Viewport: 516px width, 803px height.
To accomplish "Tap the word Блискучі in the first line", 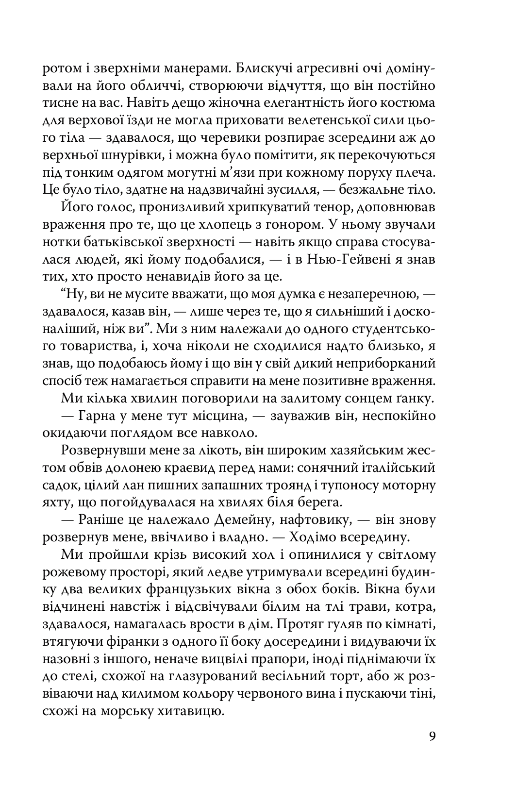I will click(x=228, y=68).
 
